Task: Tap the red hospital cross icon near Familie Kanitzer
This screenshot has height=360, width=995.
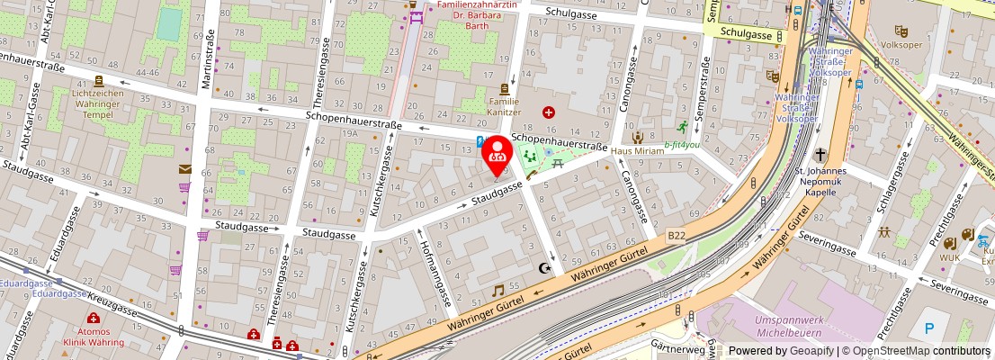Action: click(x=549, y=112)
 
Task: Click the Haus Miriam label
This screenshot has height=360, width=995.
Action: click(x=637, y=150)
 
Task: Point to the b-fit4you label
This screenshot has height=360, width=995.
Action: click(x=682, y=144)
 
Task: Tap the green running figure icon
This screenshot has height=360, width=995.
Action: click(x=683, y=126)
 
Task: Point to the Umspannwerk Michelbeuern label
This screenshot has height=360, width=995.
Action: click(x=790, y=327)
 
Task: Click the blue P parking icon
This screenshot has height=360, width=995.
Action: click(x=928, y=328)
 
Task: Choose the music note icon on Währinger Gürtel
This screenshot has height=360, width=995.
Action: click(x=497, y=290)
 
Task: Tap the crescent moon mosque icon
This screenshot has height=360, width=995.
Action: click(x=542, y=267)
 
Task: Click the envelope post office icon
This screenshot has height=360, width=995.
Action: click(x=184, y=168)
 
